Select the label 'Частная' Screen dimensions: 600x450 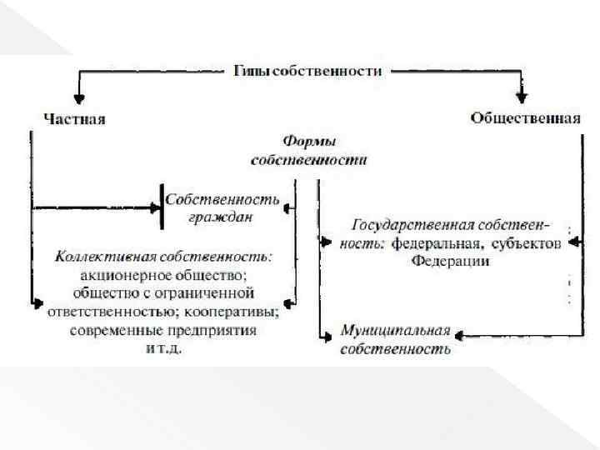coord(74,118)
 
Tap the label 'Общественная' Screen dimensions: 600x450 coord(525,117)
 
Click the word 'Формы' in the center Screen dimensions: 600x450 coord(313,142)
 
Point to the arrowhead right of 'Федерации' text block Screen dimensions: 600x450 coord(572,243)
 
